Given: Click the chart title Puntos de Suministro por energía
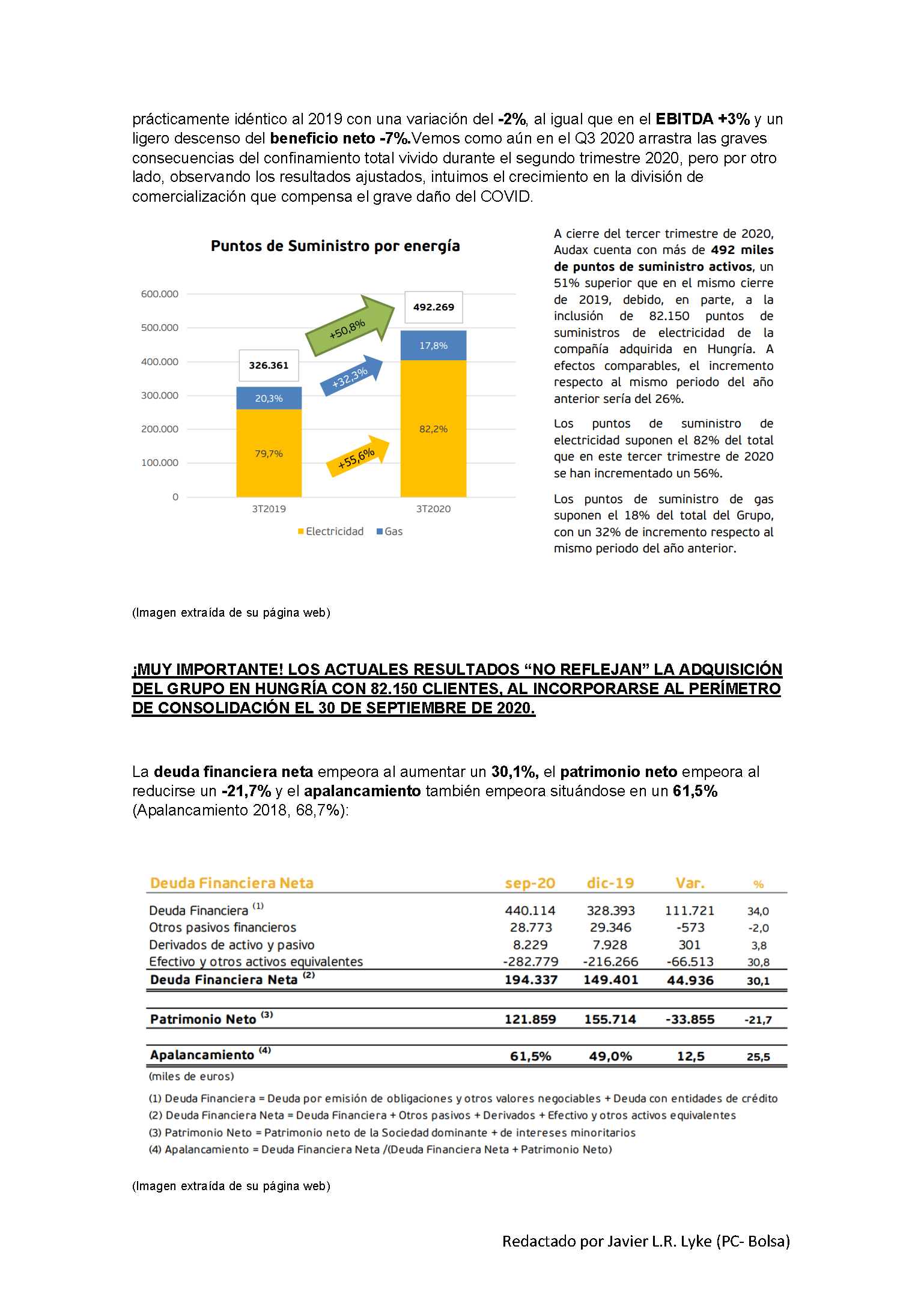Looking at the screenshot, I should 335,246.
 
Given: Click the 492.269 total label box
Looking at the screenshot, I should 433,307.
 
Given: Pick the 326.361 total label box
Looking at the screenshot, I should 269,365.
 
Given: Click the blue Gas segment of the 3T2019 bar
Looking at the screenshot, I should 269,398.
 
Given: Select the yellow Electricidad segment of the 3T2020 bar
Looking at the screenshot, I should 433,429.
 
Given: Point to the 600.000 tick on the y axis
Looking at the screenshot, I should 159,294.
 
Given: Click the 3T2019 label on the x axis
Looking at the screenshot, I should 269,509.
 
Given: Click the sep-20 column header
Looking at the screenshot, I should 530,883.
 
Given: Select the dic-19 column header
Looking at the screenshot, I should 610,883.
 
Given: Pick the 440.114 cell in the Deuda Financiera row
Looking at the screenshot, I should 530,911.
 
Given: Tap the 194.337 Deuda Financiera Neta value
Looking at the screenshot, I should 530,980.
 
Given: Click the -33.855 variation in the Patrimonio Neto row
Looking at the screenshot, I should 690,1020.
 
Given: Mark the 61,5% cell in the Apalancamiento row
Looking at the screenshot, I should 530,1056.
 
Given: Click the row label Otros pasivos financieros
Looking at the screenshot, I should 222,928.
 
